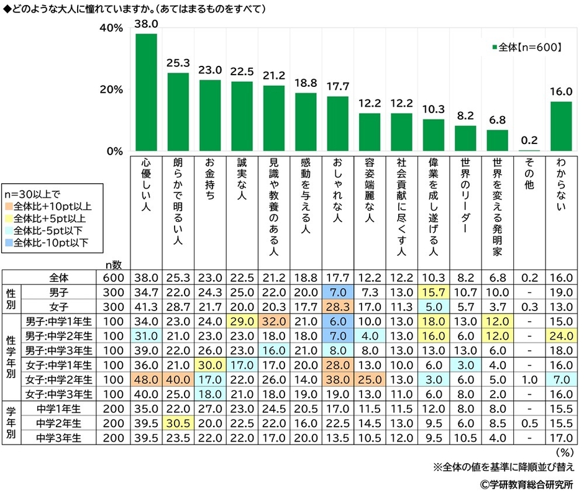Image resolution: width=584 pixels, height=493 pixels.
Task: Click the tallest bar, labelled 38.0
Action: point(146,92)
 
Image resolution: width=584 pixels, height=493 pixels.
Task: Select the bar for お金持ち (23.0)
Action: point(210,115)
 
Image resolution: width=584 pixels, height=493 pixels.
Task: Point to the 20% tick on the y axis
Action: point(112,90)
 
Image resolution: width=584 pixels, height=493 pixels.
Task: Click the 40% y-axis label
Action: point(112,29)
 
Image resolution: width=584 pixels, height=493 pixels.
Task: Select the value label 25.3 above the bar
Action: point(178,63)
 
